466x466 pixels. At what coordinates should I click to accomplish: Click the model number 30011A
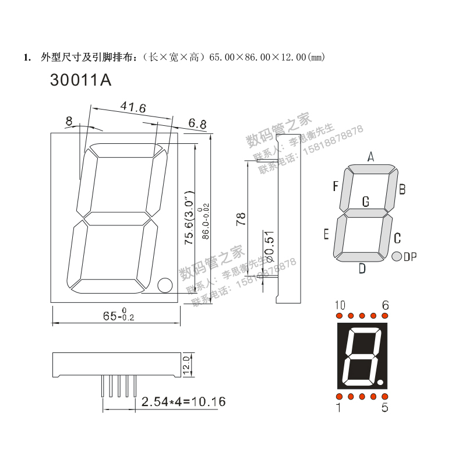[x=80, y=80]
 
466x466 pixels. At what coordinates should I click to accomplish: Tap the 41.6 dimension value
[x=133, y=107]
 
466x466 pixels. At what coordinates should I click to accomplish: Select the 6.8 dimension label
[x=197, y=123]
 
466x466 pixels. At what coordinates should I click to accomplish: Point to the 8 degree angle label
[x=69, y=121]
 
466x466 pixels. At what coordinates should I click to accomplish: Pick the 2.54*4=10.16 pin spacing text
[x=183, y=402]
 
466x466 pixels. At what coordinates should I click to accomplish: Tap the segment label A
[x=370, y=156]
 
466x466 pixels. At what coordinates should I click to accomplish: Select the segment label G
[x=366, y=202]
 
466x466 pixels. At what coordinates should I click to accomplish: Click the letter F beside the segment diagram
[x=336, y=186]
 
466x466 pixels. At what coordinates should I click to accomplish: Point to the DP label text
[x=411, y=257]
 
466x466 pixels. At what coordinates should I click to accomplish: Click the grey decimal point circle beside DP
[x=397, y=256]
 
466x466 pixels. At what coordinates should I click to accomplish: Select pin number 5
[x=384, y=408]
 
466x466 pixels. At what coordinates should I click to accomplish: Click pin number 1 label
[x=338, y=408]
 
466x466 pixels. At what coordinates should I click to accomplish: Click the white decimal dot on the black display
[x=380, y=383]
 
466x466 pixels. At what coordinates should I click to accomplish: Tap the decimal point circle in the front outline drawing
[x=164, y=285]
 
